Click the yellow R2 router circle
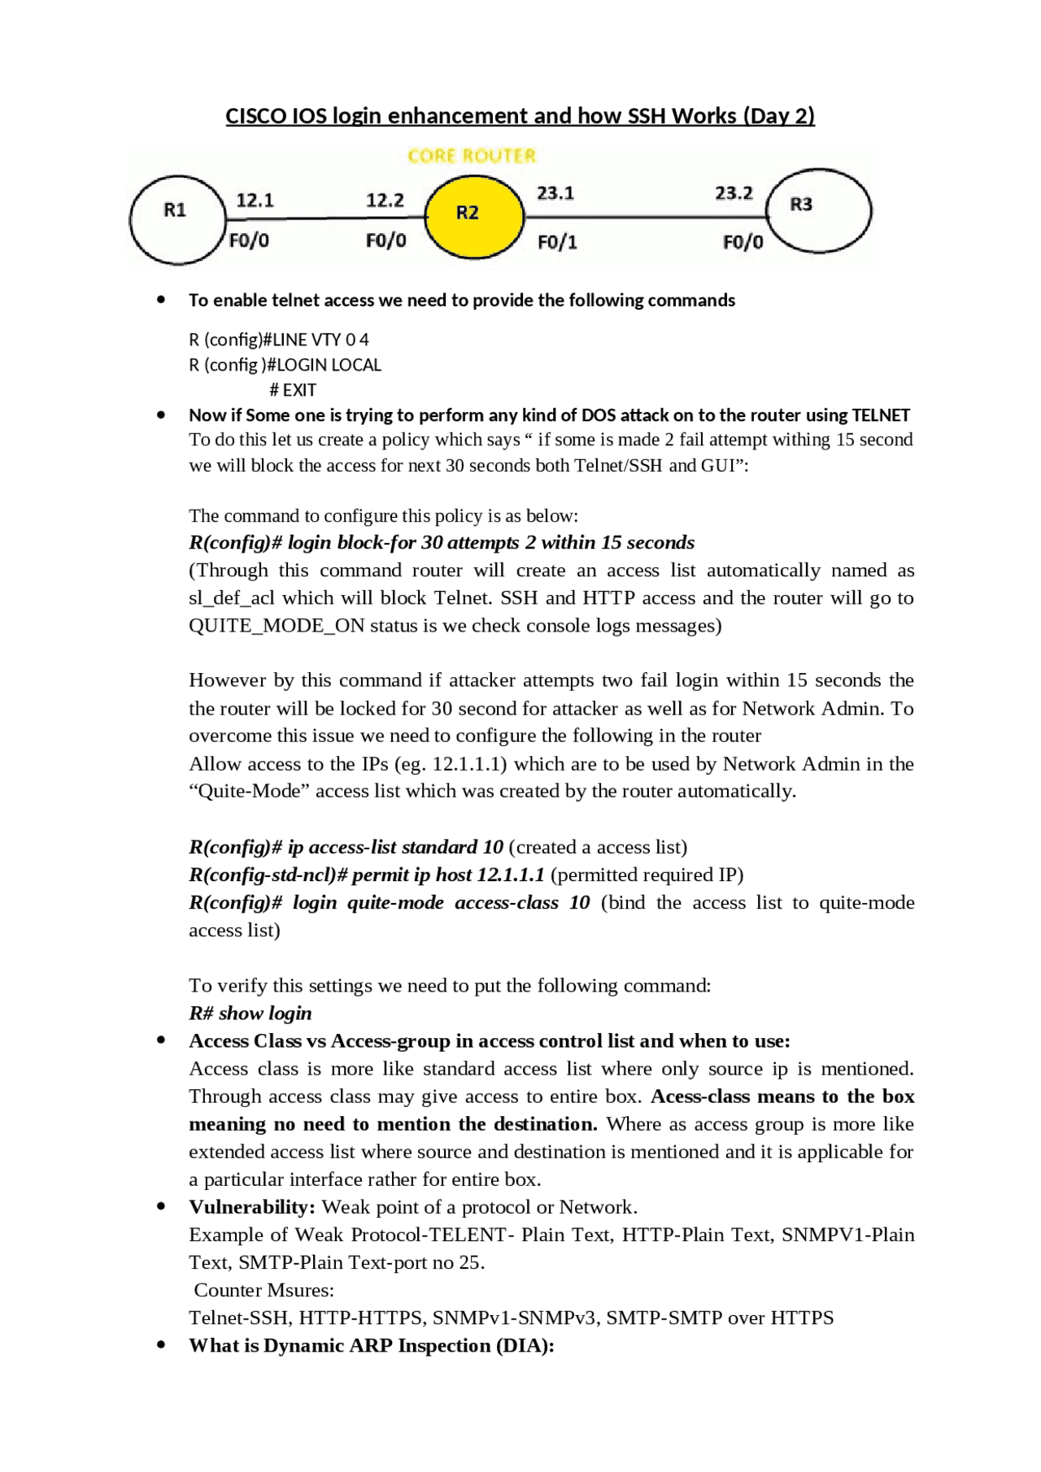tap(474, 215)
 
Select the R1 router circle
tap(177, 219)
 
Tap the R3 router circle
tap(819, 211)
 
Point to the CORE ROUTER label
tap(472, 155)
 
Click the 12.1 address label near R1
tap(255, 200)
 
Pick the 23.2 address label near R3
tap(734, 193)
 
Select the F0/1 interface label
tap(557, 242)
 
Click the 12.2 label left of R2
tap(385, 200)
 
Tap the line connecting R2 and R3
tap(647, 217)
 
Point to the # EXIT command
tap(293, 389)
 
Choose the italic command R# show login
tap(250, 1013)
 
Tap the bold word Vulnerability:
tap(252, 1206)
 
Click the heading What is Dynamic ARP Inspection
tap(371, 1345)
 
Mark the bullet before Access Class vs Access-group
tap(161, 1040)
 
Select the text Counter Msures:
tap(264, 1290)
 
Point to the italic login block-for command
tap(442, 542)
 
